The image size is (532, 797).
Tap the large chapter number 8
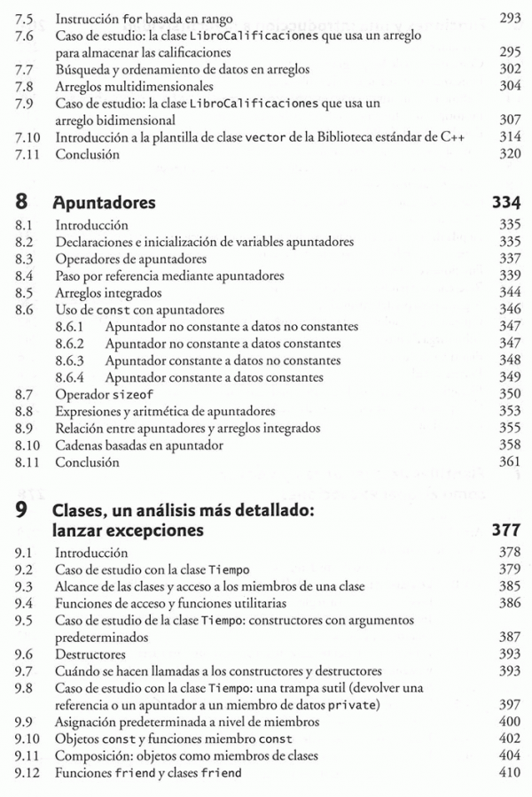click(21, 203)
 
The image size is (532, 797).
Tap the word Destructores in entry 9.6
click(90, 654)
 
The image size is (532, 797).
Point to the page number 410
click(509, 773)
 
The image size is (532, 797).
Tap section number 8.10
click(28, 445)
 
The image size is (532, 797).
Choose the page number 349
click(509, 377)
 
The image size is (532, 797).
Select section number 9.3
click(25, 585)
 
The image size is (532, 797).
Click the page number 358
click(509, 445)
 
